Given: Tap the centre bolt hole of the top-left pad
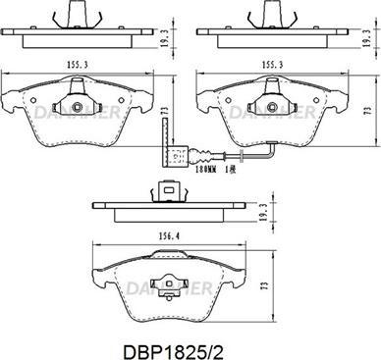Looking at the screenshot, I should pyautogui.click(x=78, y=104).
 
